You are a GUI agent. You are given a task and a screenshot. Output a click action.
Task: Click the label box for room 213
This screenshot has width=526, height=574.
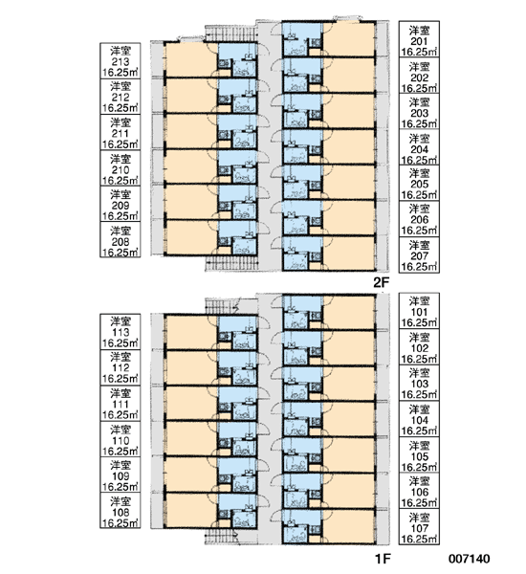(x=121, y=60)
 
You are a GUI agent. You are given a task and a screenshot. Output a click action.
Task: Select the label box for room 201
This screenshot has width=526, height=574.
(x=419, y=39)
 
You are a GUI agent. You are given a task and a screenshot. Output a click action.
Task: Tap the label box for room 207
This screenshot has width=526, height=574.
(x=419, y=254)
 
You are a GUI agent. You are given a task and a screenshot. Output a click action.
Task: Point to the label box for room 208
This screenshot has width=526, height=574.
(x=121, y=240)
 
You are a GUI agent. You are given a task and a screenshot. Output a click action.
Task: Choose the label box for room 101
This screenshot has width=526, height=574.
(x=419, y=311)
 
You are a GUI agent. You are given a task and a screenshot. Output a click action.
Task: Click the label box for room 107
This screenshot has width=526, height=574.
(x=419, y=527)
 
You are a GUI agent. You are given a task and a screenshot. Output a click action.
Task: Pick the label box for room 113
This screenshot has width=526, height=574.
(x=121, y=332)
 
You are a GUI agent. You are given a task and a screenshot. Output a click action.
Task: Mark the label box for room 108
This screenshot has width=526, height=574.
(x=121, y=511)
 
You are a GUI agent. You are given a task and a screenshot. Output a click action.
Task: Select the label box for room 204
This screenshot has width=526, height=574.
(x=419, y=147)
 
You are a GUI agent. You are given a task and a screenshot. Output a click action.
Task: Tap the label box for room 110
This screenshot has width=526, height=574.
(x=121, y=439)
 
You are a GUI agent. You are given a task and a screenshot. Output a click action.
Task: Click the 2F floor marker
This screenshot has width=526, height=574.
(x=382, y=283)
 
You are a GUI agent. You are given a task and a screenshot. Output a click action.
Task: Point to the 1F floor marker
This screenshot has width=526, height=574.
(x=383, y=559)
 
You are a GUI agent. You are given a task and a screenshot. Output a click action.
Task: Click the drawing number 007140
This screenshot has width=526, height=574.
(x=469, y=559)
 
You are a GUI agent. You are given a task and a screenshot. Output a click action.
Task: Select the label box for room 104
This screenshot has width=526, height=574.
(x=419, y=419)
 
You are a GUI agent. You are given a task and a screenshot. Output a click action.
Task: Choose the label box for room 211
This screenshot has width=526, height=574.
(x=121, y=132)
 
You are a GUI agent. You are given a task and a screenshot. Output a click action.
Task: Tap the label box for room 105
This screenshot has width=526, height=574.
(x=419, y=455)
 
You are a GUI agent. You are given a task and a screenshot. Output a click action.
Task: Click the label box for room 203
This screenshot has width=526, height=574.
(x=419, y=111)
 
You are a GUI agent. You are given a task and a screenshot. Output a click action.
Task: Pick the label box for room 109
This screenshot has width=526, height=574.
(x=121, y=475)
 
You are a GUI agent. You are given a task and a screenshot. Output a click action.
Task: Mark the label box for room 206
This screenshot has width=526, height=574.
(x=419, y=219)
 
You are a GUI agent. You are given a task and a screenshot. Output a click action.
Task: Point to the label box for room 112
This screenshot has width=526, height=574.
(x=121, y=367)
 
